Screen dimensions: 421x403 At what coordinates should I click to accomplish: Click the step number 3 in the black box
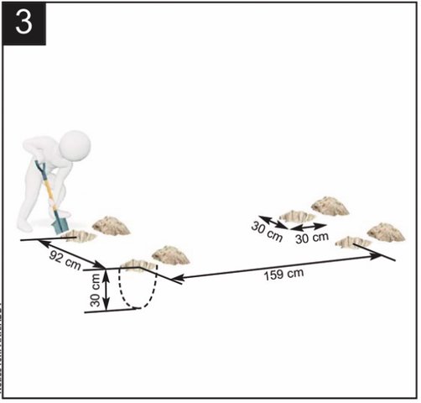[23, 23]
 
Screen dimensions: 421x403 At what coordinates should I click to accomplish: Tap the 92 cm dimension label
[65, 260]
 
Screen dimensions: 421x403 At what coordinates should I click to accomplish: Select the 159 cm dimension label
[283, 275]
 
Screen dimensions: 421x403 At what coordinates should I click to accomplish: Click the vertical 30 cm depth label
[96, 290]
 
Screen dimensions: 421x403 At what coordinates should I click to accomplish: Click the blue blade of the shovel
[60, 223]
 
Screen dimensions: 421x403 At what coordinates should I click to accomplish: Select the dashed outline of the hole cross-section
[138, 288]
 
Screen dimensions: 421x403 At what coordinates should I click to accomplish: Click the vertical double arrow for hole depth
[106, 290]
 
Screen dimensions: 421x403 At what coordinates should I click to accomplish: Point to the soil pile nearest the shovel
[112, 225]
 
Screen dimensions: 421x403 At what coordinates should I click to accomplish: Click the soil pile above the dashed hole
[171, 254]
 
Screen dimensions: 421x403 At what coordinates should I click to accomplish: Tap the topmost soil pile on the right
[330, 206]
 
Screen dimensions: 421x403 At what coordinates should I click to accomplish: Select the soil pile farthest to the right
[386, 232]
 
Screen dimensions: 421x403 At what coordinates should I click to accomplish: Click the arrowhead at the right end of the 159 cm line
[376, 256]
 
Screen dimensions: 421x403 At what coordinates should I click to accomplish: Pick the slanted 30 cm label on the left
[267, 232]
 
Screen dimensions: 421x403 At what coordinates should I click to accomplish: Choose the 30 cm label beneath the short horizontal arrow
[312, 238]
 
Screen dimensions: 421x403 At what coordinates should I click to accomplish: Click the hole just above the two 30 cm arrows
[297, 216]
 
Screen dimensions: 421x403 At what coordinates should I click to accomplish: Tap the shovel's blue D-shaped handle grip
[40, 167]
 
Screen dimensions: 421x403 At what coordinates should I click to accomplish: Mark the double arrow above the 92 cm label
[71, 254]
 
